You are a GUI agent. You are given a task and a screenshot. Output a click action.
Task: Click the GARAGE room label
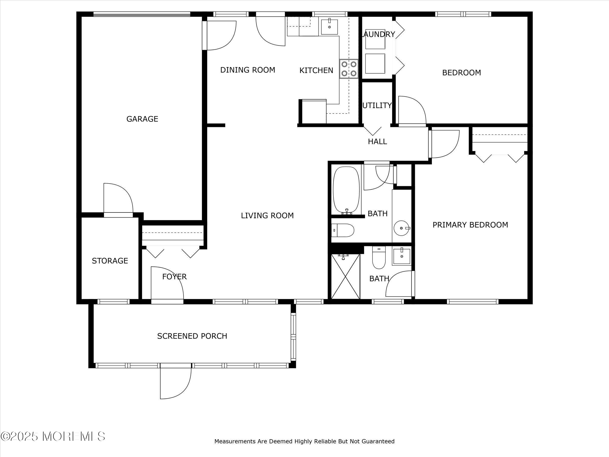click(x=142, y=119)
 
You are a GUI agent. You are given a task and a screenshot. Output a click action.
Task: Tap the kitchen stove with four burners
click(x=349, y=69)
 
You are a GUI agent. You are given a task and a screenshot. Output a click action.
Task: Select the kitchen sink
click(x=329, y=27)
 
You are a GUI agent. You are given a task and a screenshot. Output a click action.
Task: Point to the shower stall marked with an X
click(x=346, y=276)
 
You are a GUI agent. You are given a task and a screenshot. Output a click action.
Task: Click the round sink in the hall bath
click(x=402, y=228)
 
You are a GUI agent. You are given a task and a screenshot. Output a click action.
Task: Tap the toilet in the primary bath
click(x=379, y=257)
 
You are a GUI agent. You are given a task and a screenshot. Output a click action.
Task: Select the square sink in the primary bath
click(x=402, y=256)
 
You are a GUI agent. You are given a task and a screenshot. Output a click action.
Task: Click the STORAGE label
click(x=110, y=261)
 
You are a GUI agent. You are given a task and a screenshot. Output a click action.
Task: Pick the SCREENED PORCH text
click(x=192, y=336)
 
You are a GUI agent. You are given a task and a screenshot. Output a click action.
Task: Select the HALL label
click(x=378, y=142)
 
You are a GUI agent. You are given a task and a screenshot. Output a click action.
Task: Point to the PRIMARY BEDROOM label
click(x=470, y=225)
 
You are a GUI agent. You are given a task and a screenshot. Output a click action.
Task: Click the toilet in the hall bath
click(x=343, y=230)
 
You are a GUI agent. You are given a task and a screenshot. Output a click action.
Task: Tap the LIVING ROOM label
click(x=267, y=215)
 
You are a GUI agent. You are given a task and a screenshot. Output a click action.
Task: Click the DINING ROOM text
click(x=248, y=70)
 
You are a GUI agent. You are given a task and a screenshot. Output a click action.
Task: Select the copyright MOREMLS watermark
click(x=53, y=436)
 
